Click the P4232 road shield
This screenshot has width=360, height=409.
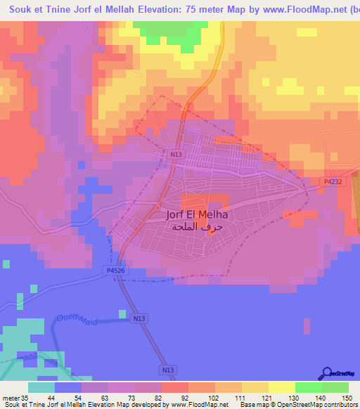click(x=333, y=181)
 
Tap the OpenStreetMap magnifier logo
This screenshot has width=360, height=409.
click(x=327, y=374)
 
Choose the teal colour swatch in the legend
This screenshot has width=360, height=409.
click(x=41, y=387)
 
